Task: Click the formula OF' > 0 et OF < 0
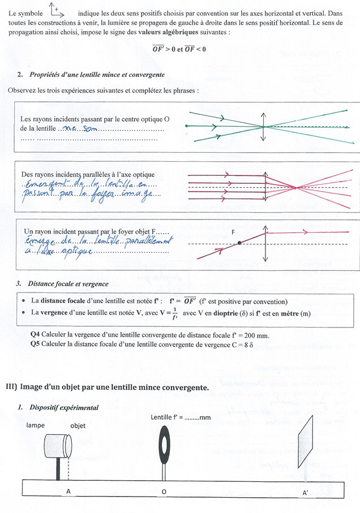(x=179, y=50)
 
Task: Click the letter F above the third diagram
(x=233, y=232)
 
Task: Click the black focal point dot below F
(x=239, y=243)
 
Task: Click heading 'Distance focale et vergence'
(x=68, y=283)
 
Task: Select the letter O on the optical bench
(x=164, y=492)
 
